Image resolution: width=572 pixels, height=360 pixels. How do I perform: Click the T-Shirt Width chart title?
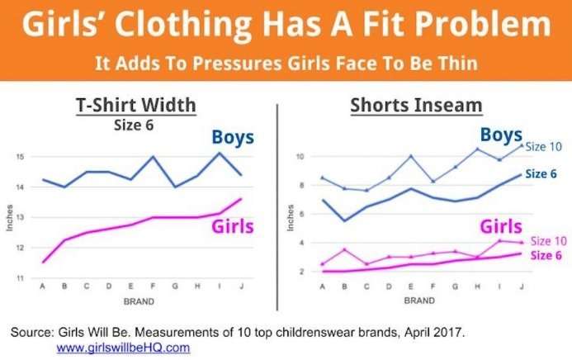pyautogui.click(x=146, y=106)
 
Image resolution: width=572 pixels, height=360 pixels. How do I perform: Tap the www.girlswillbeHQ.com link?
pyautogui.click(x=123, y=348)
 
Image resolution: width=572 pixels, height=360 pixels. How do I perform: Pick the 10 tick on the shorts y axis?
pyautogui.click(x=301, y=156)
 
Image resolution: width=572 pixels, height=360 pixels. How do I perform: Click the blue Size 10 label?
pyautogui.click(x=544, y=147)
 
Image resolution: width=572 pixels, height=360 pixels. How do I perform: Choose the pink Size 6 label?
pyautogui.click(x=546, y=255)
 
